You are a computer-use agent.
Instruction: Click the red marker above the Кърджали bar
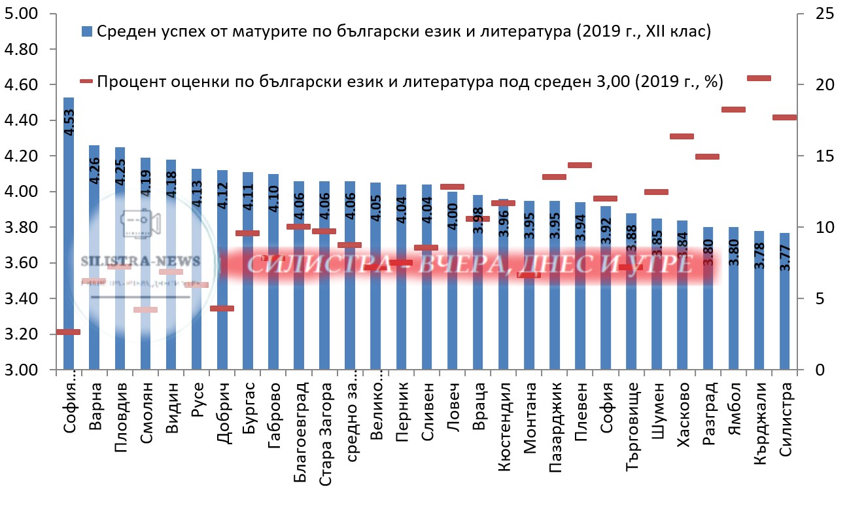[x=759, y=78]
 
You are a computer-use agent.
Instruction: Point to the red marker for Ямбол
[x=733, y=109]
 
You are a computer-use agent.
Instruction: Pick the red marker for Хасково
[x=682, y=136]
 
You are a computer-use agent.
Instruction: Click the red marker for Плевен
[x=580, y=165]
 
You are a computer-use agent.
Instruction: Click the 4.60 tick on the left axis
[x=21, y=85]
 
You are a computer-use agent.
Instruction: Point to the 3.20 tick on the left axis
[x=21, y=334]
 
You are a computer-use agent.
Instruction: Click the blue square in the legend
[x=87, y=31]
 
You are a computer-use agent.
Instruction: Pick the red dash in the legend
[x=86, y=81]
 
